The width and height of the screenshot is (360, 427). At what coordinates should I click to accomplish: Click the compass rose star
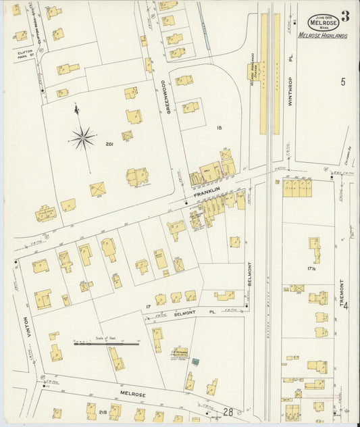click(x=83, y=139)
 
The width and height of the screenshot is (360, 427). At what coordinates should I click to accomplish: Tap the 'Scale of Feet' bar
click(x=106, y=344)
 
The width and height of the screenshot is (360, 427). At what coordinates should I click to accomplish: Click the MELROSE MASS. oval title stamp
click(x=322, y=22)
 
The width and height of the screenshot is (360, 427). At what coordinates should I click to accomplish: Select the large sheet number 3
click(x=345, y=16)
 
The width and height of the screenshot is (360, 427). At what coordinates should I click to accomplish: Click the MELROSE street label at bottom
click(x=133, y=393)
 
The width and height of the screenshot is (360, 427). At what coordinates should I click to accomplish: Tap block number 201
click(x=109, y=144)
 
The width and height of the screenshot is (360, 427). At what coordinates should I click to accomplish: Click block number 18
click(x=219, y=126)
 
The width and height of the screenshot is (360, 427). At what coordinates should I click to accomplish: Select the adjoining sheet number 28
click(x=229, y=411)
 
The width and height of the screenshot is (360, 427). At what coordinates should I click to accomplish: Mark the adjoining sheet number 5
click(x=343, y=82)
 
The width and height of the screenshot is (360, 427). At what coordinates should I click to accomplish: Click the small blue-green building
click(x=195, y=362)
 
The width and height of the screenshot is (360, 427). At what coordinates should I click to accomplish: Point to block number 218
click(x=103, y=411)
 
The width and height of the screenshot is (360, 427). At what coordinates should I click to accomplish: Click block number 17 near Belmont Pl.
click(x=147, y=308)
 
